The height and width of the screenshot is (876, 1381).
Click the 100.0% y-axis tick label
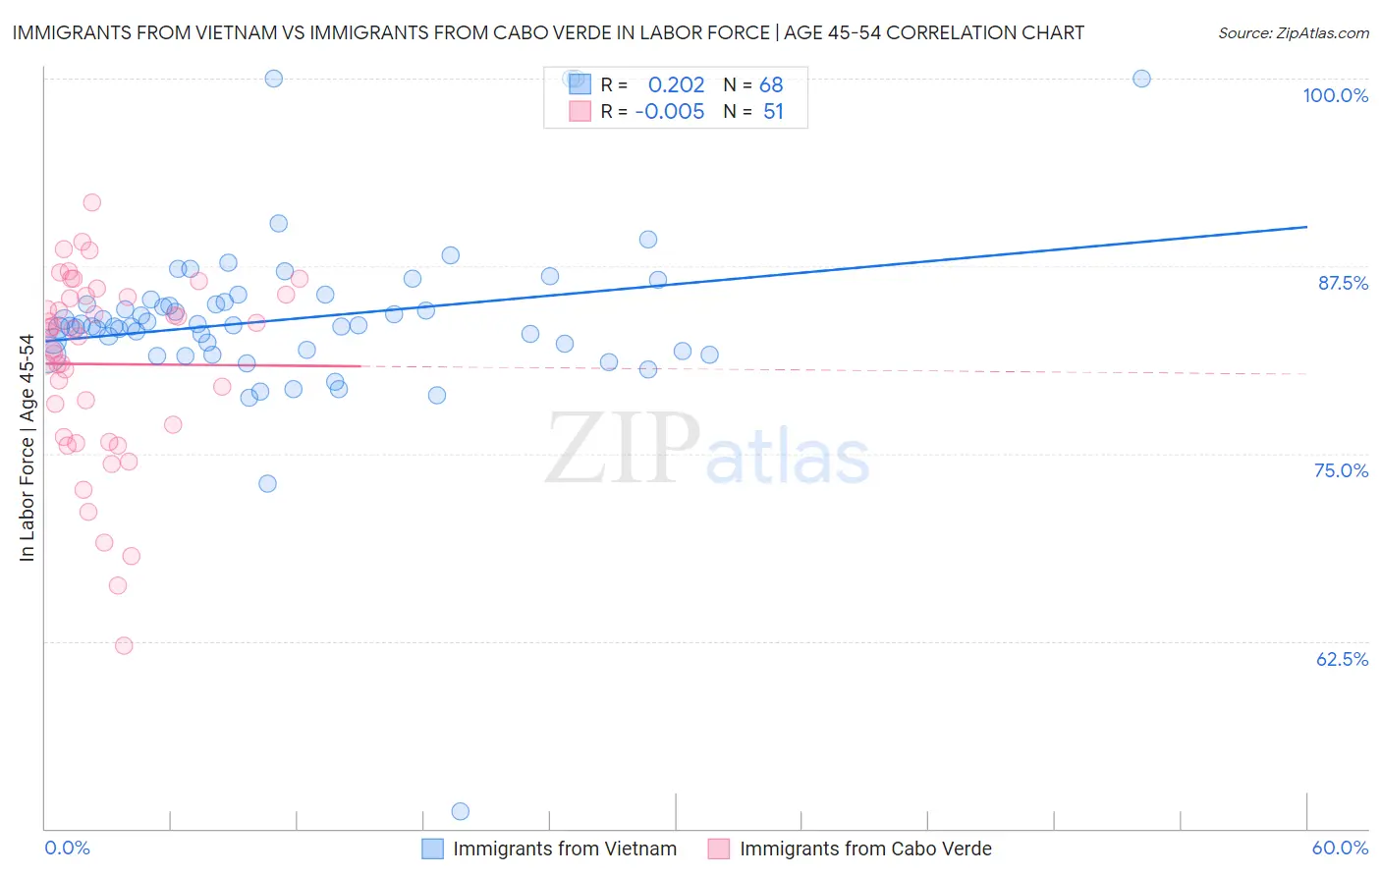click(1335, 95)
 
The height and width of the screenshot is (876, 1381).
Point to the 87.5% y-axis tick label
click(1343, 283)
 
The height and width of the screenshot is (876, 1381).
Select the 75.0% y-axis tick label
click(1341, 470)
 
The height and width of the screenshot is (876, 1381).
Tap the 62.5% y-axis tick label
click(1342, 659)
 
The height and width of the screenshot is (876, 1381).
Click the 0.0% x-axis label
click(67, 848)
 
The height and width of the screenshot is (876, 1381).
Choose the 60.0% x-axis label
click(1340, 848)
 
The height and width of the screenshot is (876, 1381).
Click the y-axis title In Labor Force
click(27, 448)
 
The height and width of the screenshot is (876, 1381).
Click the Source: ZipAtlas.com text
click(1293, 33)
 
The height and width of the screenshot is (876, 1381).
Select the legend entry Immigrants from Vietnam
click(564, 849)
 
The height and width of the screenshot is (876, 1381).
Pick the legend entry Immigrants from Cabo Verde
click(864, 849)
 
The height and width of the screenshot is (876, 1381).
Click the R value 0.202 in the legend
click(676, 85)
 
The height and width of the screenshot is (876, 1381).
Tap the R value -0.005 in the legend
click(669, 112)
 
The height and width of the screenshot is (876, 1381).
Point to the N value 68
click(771, 85)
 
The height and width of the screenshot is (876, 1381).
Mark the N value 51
click(773, 112)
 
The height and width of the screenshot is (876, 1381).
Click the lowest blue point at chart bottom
click(460, 811)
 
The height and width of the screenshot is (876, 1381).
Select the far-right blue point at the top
click(1141, 79)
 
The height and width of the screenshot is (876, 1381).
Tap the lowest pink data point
click(124, 645)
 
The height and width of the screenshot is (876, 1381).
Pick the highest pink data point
click(92, 202)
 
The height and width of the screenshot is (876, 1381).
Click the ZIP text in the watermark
click(623, 449)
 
